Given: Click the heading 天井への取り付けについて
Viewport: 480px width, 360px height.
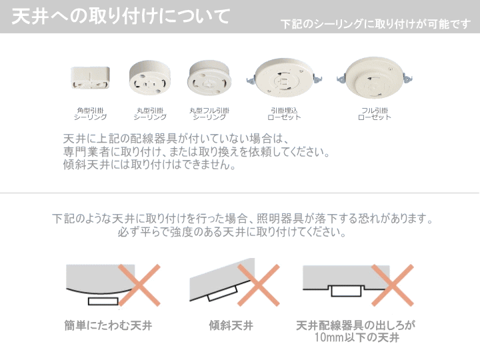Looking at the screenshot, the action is [121, 16].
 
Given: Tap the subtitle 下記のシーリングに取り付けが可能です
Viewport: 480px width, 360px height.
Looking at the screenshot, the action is [375, 24].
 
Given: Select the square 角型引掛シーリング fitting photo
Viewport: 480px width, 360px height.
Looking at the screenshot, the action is [90, 78].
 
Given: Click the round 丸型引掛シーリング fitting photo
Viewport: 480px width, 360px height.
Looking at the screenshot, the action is [149, 78].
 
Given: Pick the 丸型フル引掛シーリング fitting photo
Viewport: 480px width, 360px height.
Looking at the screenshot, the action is [209, 79].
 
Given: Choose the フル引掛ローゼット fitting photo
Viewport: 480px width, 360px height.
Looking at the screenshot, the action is [375, 78].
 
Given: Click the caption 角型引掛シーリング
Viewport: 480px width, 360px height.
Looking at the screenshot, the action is [90, 113].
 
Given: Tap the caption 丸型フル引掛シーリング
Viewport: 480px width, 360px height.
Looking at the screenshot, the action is [209, 113].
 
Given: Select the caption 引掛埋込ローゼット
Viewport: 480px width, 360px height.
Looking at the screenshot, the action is [285, 113].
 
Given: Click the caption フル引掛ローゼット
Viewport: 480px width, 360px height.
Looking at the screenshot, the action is [375, 113].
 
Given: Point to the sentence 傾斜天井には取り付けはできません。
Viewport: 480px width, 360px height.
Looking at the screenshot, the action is [149, 165].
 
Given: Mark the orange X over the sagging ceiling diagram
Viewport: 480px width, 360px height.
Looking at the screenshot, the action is [139, 285].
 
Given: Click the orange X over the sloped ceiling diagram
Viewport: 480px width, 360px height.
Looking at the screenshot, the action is [259, 285].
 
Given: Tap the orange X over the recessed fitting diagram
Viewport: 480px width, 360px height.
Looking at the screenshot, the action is [393, 285].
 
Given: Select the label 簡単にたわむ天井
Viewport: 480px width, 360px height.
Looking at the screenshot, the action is [108, 325].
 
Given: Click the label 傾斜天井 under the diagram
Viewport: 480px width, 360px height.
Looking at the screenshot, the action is [231, 325].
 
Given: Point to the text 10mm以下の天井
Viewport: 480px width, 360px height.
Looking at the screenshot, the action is [357, 337].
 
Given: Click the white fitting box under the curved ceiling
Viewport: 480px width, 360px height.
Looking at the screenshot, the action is [103, 301].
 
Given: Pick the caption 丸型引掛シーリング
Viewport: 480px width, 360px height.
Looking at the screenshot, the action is [150, 113].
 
